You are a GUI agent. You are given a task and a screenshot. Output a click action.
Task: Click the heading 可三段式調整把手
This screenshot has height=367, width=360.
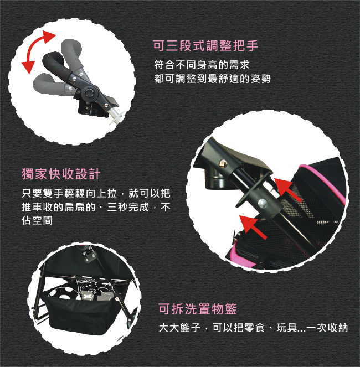[205, 45]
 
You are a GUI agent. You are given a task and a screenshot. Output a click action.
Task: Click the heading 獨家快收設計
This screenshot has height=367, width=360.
[61, 174]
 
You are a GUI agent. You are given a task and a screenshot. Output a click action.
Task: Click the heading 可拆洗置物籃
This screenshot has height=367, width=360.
[198, 309]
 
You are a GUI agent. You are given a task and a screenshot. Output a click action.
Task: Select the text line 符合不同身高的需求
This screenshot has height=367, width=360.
[202, 65]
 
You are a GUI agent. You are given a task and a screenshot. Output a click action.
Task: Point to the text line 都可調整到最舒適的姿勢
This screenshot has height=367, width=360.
[213, 79]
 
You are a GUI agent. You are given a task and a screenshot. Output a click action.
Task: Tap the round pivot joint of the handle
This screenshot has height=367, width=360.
[90, 92]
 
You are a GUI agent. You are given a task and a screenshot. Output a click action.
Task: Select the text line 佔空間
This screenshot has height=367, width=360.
[37, 220]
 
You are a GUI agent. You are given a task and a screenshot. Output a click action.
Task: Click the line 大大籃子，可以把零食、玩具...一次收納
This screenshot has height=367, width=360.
[253, 328]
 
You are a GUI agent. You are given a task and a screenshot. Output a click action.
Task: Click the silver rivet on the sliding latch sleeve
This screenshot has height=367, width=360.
[263, 203]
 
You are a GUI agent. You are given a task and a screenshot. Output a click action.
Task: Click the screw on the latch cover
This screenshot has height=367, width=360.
[223, 164]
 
